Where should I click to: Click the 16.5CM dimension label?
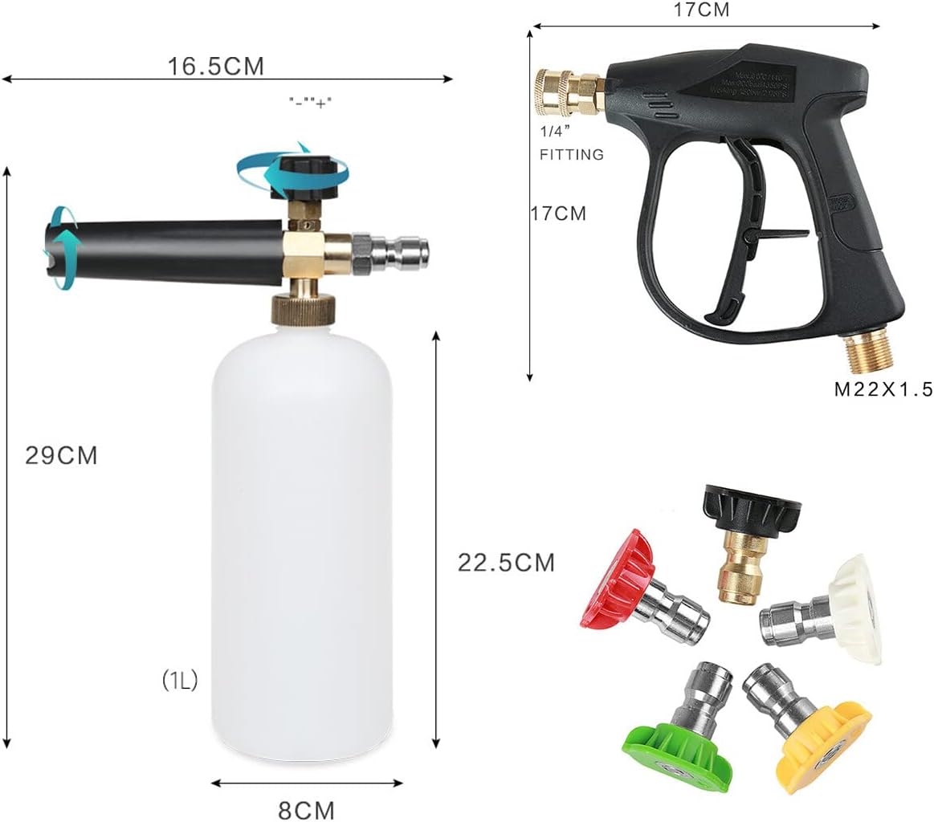(x=215, y=66)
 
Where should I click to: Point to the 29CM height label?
(x=61, y=455)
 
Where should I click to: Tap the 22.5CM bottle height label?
(x=506, y=563)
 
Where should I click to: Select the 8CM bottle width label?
(x=306, y=809)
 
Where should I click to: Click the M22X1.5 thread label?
(x=883, y=390)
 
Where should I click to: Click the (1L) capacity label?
(x=180, y=681)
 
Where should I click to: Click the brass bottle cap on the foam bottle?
(x=301, y=308)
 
